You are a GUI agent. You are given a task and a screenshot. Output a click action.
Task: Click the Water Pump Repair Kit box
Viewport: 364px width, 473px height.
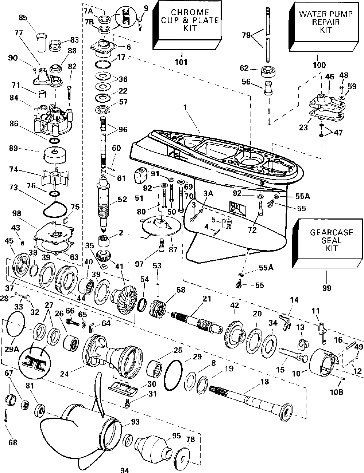[x=324, y=27]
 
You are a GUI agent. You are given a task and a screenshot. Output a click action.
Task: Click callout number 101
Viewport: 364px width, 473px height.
[x=181, y=62]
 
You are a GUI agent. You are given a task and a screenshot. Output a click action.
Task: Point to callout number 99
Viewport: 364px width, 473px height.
[x=326, y=288]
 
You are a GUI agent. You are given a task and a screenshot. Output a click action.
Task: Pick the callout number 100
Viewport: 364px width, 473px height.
[x=319, y=65]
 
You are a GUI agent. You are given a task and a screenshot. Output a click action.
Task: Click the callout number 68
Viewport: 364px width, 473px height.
[x=12, y=442]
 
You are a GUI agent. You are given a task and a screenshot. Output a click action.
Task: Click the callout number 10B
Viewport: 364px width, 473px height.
[x=337, y=392]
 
